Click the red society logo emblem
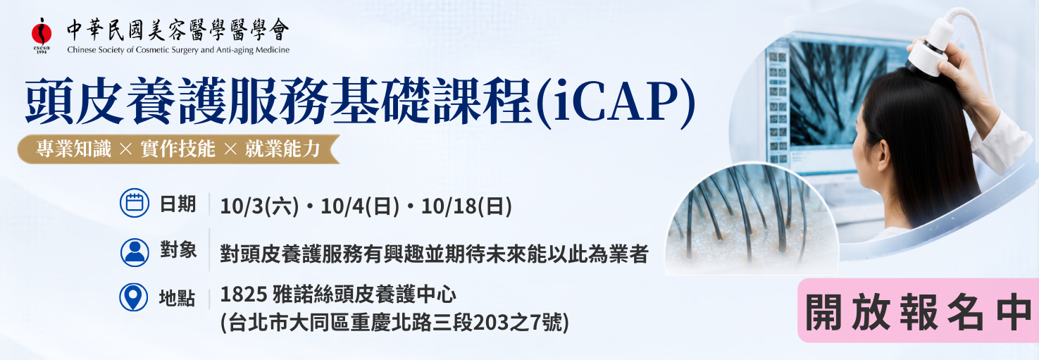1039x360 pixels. tap(42, 32)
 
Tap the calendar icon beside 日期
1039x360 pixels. tap(134, 203)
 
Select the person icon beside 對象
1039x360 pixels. tap(135, 252)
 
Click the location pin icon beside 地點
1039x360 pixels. tap(134, 297)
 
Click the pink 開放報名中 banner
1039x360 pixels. tap(918, 311)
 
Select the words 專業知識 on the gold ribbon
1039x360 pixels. tap(74, 149)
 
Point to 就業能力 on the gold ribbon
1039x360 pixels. tap(282, 149)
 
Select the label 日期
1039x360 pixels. tap(178, 204)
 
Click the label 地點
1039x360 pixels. tap(177, 298)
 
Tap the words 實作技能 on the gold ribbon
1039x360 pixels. tap(178, 149)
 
